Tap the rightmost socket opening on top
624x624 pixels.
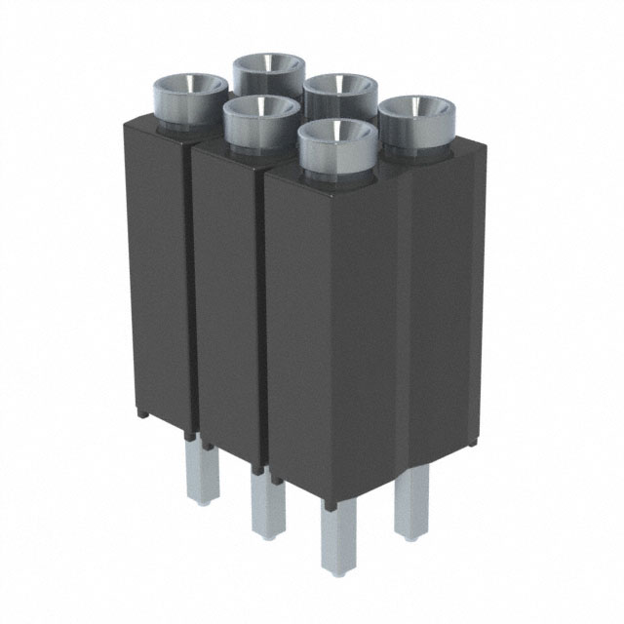pos(417,119)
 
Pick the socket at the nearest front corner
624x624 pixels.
pos(337,143)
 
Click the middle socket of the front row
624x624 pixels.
pos(261,118)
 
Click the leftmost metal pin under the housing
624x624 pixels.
pos(208,475)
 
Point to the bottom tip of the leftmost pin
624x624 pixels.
pos(208,502)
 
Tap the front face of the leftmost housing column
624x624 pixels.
pos(156,273)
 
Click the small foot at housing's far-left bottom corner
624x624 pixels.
pos(142,413)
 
